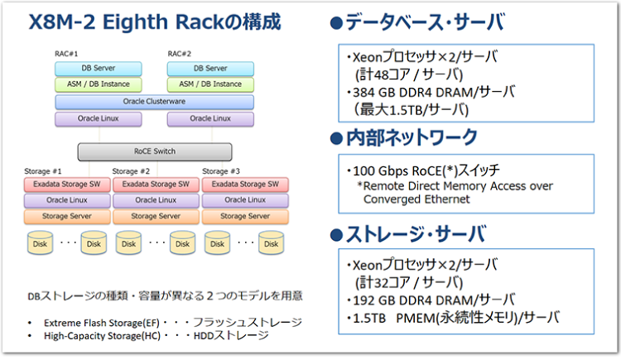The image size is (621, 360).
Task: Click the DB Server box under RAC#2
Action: (210, 68)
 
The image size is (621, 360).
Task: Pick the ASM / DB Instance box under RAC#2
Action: (210, 84)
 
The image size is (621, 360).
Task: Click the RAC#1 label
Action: (65, 54)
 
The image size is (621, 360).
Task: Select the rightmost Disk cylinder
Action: (270, 243)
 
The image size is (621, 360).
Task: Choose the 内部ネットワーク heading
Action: (405, 137)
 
